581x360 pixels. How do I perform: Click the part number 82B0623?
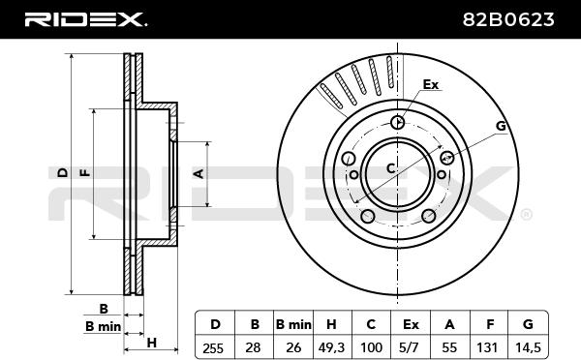(508, 19)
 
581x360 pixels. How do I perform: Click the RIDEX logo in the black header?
(85, 19)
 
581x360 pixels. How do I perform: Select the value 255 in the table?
(213, 348)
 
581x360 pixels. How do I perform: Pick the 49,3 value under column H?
(331, 347)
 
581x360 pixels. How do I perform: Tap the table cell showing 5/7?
(410, 347)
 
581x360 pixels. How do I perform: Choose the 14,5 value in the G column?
(528, 347)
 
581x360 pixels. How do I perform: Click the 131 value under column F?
(487, 347)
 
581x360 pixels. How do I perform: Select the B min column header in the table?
(293, 325)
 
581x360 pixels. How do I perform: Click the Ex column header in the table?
(411, 325)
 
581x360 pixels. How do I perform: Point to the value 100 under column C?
(371, 347)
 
